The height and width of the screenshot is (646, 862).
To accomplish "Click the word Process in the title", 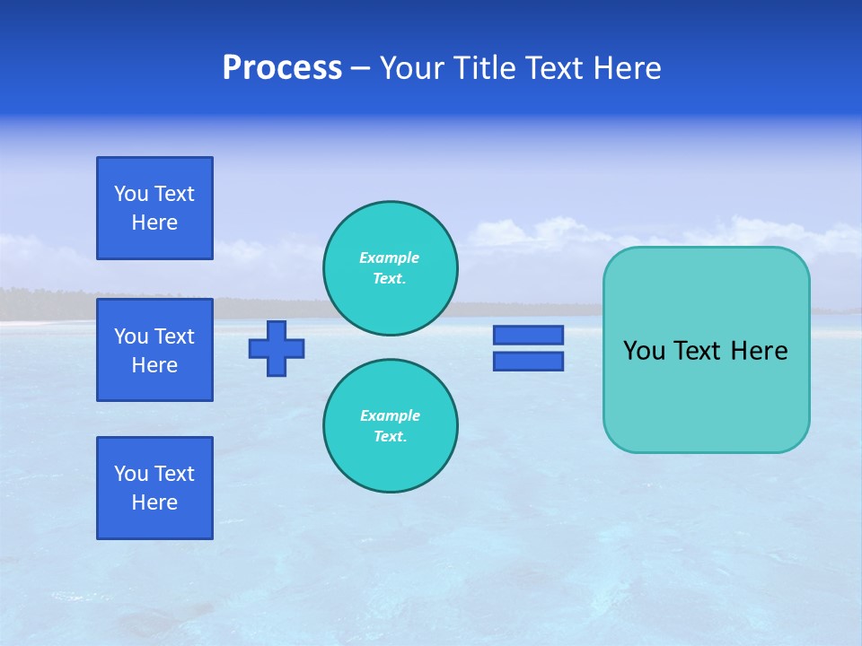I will pos(282,68).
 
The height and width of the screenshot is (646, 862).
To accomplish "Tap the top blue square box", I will pos(154,208).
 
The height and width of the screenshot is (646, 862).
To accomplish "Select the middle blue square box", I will pos(154,350).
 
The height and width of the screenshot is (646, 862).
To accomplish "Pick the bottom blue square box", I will pos(154,488).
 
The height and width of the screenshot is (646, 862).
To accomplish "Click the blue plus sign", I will pos(277,348).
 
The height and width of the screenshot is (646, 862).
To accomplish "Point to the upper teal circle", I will pos(391,268).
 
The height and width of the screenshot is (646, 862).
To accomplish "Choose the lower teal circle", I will pos(391,426).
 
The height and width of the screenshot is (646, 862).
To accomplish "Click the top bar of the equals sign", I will pos(528,335).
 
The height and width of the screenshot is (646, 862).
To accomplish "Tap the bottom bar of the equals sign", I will pos(528,361).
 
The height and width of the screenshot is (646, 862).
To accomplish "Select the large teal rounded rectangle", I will pos(706,395).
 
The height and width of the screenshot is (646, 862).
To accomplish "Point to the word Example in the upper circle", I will pos(389,258).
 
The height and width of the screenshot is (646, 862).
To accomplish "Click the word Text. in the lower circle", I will pos(390,437).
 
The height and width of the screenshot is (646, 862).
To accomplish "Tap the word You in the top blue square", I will pos(131,194).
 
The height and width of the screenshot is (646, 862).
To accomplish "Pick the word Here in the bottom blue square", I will pos(154,502).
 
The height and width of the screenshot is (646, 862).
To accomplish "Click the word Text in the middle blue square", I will pos(174,336).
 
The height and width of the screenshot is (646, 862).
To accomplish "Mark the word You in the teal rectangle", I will pos(643,351).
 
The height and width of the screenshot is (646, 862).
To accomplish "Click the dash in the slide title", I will pos(360,68).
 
